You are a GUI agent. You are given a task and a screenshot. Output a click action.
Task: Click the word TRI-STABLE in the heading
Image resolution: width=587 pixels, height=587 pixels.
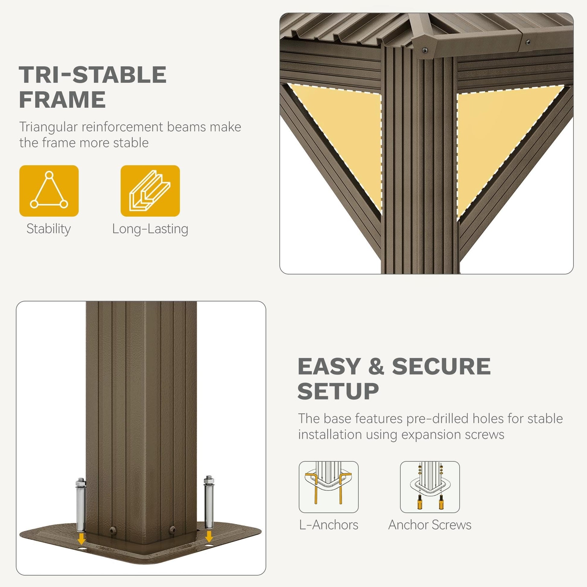93,75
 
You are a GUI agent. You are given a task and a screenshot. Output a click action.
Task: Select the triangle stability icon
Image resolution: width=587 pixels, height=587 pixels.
49,191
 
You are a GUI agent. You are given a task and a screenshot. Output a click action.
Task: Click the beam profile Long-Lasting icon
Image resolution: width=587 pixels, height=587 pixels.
150,191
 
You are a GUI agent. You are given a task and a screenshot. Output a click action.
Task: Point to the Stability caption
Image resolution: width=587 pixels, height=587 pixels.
49,229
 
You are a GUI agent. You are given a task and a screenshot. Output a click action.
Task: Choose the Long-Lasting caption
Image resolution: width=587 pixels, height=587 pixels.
150,229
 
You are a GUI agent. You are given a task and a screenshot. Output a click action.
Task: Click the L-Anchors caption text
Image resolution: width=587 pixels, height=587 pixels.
329,525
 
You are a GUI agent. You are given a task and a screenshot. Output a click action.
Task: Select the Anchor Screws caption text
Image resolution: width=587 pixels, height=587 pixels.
430,525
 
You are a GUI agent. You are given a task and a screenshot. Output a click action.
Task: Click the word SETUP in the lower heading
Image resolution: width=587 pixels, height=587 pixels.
338,391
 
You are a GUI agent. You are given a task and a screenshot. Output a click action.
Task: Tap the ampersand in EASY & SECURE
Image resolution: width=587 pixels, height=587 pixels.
376,366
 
